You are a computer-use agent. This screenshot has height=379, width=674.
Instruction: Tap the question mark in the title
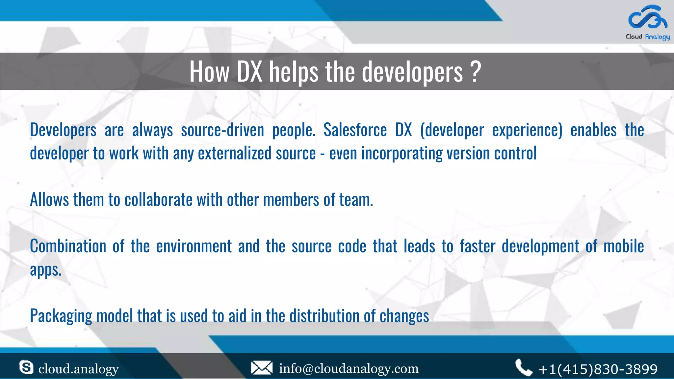click(476, 71)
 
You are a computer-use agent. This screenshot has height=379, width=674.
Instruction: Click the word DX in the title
click(249, 71)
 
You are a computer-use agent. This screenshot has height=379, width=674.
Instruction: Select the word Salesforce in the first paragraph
click(355, 130)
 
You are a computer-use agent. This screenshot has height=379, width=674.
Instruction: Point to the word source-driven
click(222, 130)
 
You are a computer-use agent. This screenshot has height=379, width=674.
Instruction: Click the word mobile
click(623, 246)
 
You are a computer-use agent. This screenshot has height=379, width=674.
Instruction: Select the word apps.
click(46, 270)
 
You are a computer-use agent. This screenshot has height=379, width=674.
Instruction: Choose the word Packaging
click(61, 316)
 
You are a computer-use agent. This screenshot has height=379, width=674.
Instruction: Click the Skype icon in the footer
click(26, 367)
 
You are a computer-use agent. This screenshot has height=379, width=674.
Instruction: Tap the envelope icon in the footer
click(262, 368)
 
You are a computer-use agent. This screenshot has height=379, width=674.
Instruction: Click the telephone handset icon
click(523, 367)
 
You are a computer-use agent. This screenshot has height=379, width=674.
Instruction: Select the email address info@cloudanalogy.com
click(349, 368)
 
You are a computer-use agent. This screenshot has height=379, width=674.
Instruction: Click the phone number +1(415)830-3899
click(598, 369)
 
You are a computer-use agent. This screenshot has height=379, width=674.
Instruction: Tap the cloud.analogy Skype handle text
click(78, 369)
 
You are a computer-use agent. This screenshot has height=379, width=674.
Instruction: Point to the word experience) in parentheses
click(527, 130)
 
